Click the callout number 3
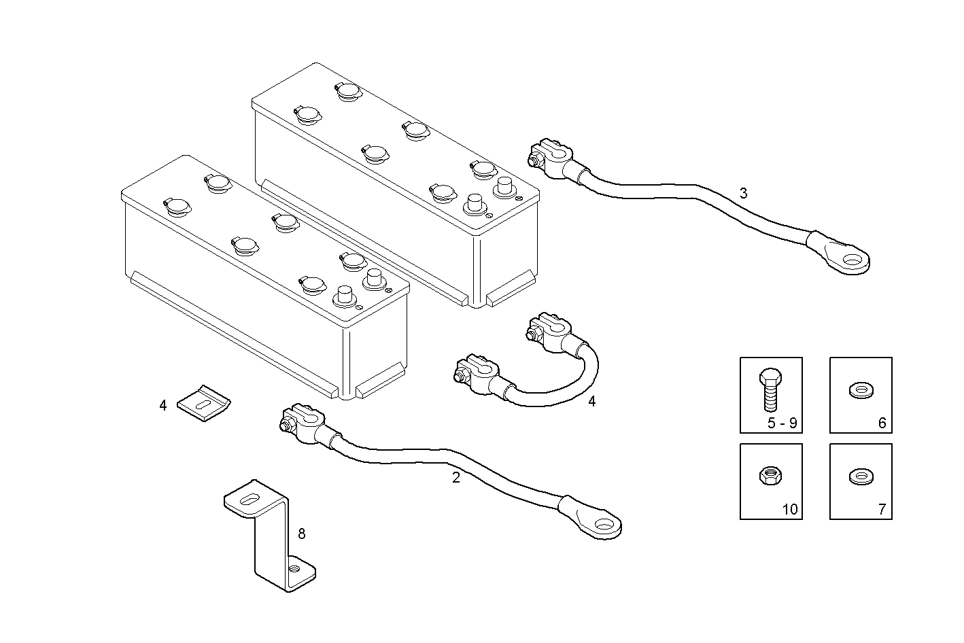[x=743, y=193]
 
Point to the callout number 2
[x=456, y=478]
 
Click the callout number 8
[x=302, y=534]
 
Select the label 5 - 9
[x=782, y=423]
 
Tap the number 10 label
[x=789, y=509]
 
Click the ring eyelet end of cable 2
[x=602, y=523]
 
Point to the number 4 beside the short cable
[x=591, y=402]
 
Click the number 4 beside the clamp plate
[x=162, y=406]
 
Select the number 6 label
[x=882, y=423]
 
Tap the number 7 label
[x=882, y=509]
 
